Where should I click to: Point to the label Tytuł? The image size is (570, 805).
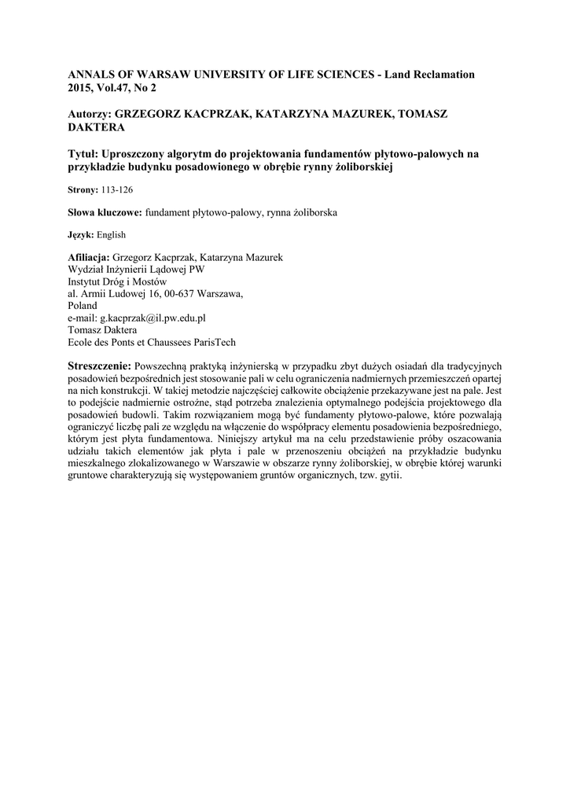[x=84, y=155]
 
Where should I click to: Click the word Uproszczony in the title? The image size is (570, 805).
[x=137, y=155]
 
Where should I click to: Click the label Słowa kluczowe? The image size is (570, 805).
[x=104, y=213]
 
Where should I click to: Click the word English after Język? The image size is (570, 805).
[x=112, y=235]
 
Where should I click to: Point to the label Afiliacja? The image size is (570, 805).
[x=90, y=258]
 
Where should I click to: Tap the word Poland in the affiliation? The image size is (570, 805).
[x=83, y=306]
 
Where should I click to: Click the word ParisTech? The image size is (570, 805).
[x=208, y=342]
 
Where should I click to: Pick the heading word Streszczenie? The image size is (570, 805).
[x=101, y=366]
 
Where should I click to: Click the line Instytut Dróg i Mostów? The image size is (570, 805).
[x=117, y=281]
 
